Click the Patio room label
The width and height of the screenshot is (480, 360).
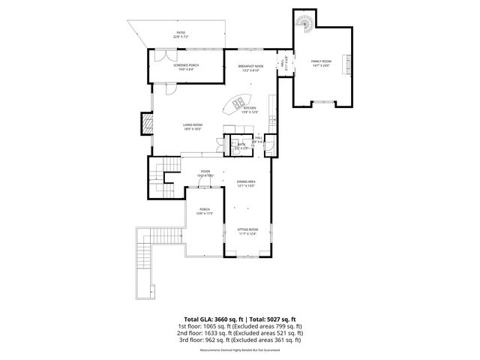click(x=180, y=34)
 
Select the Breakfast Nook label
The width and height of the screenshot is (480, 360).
click(x=250, y=67)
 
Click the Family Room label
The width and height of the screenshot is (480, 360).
click(x=321, y=62)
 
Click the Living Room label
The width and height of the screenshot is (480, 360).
click(x=193, y=127)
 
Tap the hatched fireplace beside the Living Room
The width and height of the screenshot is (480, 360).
click(x=145, y=123)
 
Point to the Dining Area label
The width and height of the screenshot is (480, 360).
click(x=247, y=184)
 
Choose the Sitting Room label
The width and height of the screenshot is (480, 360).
click(x=247, y=231)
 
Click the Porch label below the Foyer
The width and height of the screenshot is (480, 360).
click(x=204, y=211)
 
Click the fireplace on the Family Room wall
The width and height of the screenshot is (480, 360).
click(x=346, y=64)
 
